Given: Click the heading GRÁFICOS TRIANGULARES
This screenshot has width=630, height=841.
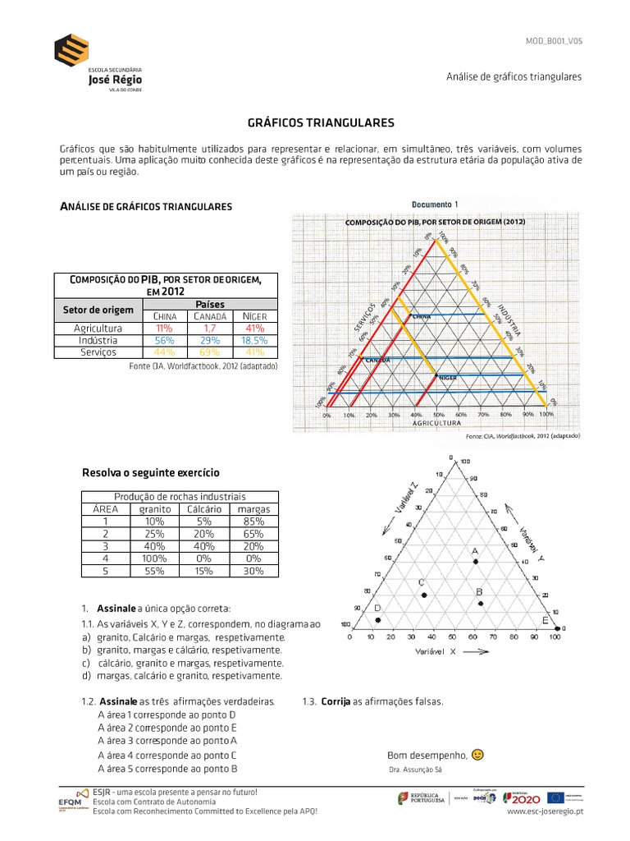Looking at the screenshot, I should pyautogui.click(x=321, y=122).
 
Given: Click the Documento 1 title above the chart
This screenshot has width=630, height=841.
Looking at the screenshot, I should pyautogui.click(x=434, y=205).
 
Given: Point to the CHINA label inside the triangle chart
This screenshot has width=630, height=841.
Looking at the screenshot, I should pyautogui.click(x=422, y=315).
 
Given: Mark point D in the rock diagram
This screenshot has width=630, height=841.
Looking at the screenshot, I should pyautogui.click(x=377, y=619).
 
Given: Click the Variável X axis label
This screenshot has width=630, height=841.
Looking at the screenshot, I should pyautogui.click(x=436, y=651).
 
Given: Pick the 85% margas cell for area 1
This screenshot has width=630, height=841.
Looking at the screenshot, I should pyautogui.click(x=253, y=521).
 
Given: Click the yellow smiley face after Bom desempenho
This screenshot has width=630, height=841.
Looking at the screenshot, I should pyautogui.click(x=478, y=755).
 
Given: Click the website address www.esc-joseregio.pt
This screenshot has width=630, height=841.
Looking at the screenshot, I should pyautogui.click(x=545, y=811).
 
